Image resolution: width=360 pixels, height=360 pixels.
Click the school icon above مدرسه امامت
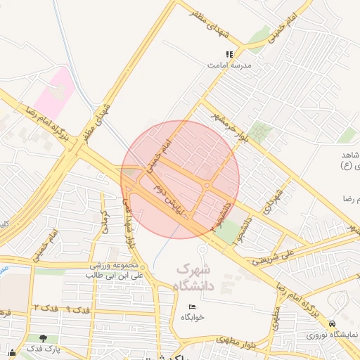click(x=229, y=54)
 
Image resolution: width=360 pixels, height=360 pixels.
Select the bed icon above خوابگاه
click(x=193, y=307)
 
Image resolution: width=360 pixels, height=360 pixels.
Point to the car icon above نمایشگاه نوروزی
click(x=332, y=323)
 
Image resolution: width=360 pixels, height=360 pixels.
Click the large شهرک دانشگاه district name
click(x=193, y=276)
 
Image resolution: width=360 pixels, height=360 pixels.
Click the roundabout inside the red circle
click(x=207, y=185)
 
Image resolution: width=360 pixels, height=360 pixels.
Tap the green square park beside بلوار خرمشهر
click(x=261, y=131)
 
